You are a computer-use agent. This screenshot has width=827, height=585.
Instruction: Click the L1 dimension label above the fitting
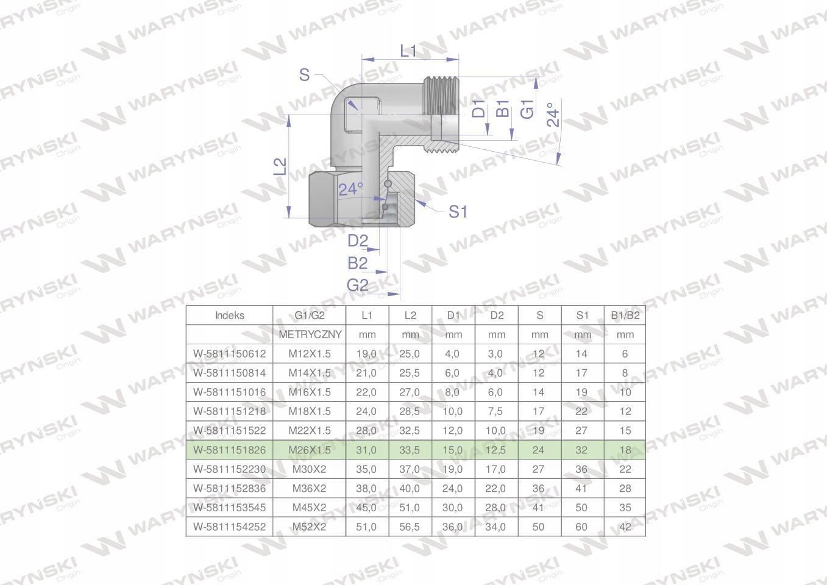(408, 51)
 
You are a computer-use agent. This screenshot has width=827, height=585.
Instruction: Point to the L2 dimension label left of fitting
(279, 166)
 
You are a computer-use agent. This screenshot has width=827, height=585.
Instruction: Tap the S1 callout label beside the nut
(458, 211)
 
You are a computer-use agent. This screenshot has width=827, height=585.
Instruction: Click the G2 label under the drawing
(358, 285)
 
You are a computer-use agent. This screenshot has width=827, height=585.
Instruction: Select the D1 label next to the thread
(479, 108)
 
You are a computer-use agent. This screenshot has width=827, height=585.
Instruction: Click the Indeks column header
(229, 315)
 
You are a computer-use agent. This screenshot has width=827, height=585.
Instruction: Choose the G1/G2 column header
(310, 315)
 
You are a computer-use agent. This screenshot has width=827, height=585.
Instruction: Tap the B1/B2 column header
(625, 315)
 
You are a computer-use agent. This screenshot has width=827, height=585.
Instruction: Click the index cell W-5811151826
(229, 450)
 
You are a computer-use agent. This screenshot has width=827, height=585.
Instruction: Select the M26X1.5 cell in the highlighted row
(310, 450)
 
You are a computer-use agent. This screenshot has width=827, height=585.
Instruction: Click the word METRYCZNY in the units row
(310, 335)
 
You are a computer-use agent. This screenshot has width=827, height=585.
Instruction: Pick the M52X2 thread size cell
(310, 526)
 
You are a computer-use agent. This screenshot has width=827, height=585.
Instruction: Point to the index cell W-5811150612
(229, 353)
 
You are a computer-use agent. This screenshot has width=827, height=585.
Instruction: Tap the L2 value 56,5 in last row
(410, 526)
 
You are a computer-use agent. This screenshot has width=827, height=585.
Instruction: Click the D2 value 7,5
(496, 411)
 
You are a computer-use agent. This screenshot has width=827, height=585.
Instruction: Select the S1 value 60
(582, 526)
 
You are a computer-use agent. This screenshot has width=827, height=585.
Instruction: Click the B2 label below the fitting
(358, 263)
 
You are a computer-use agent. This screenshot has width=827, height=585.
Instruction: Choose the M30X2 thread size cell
(310, 469)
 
